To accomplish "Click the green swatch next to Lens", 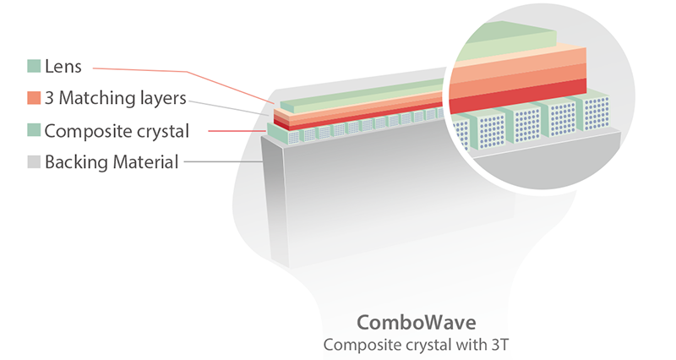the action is (34, 66).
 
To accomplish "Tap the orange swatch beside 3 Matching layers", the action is (34, 98).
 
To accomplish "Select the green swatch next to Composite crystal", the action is (34, 130).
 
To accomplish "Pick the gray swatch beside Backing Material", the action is (34, 161).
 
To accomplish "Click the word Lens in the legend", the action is (63, 67).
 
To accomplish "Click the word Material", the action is (145, 162).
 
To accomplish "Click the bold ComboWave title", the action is (416, 323).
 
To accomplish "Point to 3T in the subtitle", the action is (499, 345).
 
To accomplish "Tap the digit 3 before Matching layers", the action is (49, 98).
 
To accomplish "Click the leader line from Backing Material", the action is (224, 162).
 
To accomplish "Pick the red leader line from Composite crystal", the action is (237, 131).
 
